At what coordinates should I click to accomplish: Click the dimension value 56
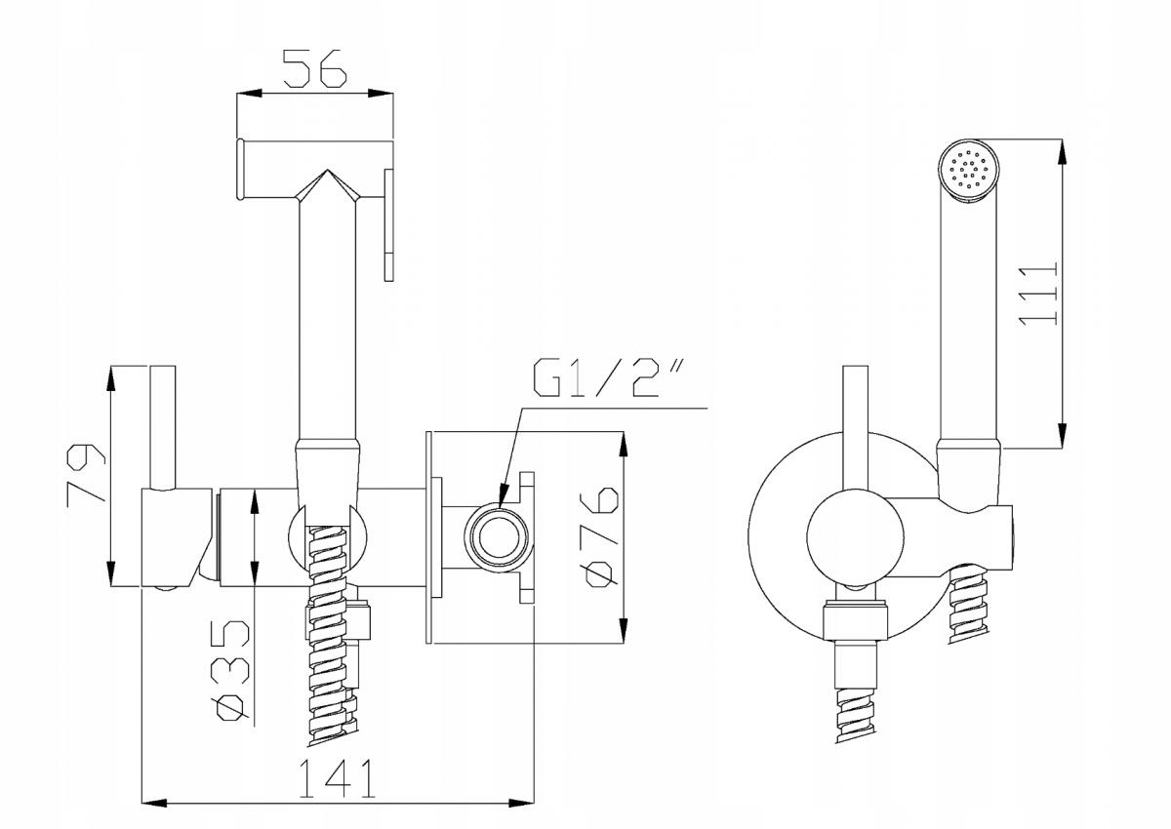(314, 68)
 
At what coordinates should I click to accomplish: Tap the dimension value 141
(338, 778)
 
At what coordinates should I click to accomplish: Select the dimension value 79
(86, 474)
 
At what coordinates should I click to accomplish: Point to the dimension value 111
(1038, 295)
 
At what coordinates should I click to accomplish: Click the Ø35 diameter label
(233, 670)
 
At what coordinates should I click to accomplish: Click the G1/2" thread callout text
(608, 377)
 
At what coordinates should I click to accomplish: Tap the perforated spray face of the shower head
(969, 169)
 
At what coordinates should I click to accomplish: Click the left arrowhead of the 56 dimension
(249, 94)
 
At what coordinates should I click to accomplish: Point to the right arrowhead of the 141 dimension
(522, 817)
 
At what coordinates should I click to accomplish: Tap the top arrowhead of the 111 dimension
(1062, 152)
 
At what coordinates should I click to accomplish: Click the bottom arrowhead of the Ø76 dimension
(624, 630)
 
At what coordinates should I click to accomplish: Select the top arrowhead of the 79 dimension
(111, 379)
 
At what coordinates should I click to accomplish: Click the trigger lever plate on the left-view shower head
(388, 225)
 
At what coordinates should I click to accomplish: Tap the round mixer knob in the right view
(855, 538)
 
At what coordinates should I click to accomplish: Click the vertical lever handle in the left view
(163, 428)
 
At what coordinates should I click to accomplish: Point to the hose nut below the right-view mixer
(855, 622)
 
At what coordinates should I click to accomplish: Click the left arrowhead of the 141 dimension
(155, 817)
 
